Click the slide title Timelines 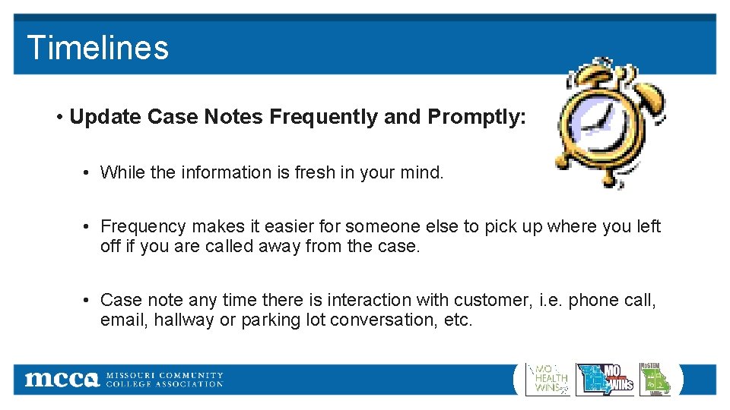pyautogui.click(x=97, y=47)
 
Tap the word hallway pyautogui.click(x=184, y=320)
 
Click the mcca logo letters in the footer pyautogui.click(x=62, y=379)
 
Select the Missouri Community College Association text pyautogui.click(x=164, y=379)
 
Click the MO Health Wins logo pyautogui.click(x=547, y=378)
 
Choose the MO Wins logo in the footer pyautogui.click(x=605, y=378)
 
